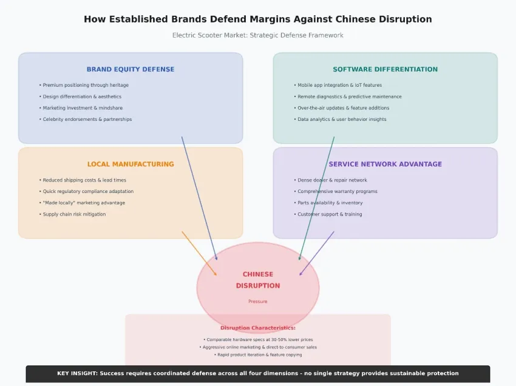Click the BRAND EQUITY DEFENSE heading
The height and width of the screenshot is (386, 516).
pyautogui.click(x=131, y=69)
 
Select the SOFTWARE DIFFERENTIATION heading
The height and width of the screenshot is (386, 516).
pyautogui.click(x=385, y=69)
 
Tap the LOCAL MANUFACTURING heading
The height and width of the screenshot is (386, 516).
pyautogui.click(x=131, y=164)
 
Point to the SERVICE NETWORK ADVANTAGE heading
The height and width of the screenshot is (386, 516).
pyautogui.click(x=385, y=164)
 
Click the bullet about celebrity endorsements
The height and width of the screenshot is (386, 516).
pyautogui.click(x=87, y=120)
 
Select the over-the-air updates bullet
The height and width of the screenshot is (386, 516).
pyautogui.click(x=343, y=108)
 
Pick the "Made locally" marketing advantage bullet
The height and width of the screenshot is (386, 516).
pyautogui.click(x=84, y=203)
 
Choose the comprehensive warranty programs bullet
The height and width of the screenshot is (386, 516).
pyautogui.click(x=337, y=191)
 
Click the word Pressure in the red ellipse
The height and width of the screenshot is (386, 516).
pyautogui.click(x=257, y=302)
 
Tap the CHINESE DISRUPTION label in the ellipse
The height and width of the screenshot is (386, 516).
pyautogui.click(x=258, y=280)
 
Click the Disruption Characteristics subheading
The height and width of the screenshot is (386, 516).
pyautogui.click(x=258, y=328)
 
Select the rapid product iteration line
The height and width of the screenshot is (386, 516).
pyautogui.click(x=258, y=354)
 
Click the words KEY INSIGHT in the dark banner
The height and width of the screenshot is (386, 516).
pyautogui.click(x=77, y=373)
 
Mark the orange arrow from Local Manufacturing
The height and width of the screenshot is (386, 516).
pyautogui.click(x=199, y=253)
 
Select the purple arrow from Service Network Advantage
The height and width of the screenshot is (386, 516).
pyautogui.click(x=317, y=252)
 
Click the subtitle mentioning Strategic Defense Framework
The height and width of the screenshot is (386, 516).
pyautogui.click(x=257, y=35)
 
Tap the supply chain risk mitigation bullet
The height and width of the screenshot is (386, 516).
pyautogui.click(x=74, y=214)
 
